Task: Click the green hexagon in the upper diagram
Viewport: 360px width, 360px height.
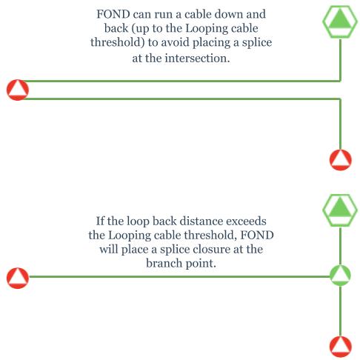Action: (x=340, y=21)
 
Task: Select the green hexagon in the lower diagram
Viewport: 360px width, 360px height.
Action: (x=340, y=210)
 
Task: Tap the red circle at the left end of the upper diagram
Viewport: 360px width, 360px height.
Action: (x=18, y=90)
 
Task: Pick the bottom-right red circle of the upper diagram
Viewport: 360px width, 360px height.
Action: (x=341, y=160)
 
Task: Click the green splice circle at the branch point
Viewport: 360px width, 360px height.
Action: (x=340, y=276)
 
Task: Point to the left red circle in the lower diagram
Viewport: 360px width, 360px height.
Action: (x=18, y=278)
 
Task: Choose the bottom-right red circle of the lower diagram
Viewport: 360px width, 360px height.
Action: (x=341, y=347)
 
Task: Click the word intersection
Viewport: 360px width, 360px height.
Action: (x=197, y=59)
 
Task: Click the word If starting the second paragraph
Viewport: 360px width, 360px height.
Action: (x=100, y=221)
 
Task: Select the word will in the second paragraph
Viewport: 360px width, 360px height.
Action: (x=109, y=249)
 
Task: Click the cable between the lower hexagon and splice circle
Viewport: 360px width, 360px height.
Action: (x=340, y=246)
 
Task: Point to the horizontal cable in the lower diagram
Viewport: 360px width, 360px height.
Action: (x=179, y=276)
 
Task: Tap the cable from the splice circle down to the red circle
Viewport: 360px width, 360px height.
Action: (x=340, y=311)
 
